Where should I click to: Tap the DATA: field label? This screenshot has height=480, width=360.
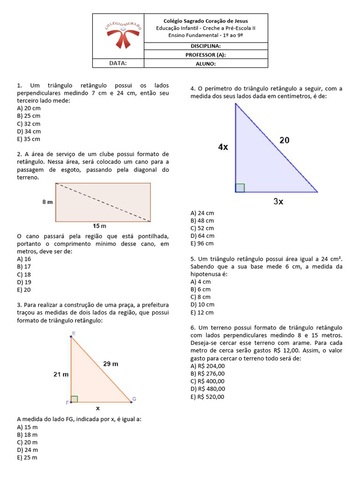(118, 63)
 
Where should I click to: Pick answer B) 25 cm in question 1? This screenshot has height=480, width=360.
(29, 116)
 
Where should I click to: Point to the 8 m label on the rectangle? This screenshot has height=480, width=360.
(47, 202)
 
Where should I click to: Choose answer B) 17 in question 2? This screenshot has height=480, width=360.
(24, 267)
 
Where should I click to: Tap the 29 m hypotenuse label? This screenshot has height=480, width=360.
(111, 363)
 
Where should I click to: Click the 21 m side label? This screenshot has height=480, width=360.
(61, 374)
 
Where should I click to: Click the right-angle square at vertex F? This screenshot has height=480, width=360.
(74, 399)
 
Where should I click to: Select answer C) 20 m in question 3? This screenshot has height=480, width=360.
(27, 442)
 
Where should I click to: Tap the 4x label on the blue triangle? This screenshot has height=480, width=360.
(223, 147)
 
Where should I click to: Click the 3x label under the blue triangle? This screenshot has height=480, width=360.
(278, 202)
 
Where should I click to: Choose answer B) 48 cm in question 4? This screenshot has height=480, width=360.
(202, 220)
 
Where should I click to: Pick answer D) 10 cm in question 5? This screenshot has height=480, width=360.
(202, 305)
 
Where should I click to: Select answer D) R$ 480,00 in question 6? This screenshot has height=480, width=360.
(208, 389)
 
